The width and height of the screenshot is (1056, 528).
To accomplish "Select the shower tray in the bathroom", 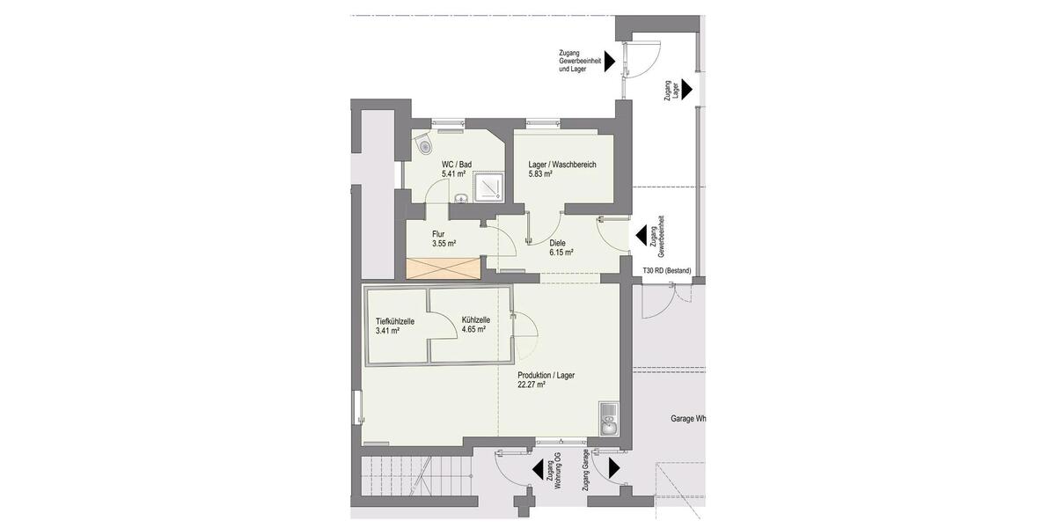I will (488, 187).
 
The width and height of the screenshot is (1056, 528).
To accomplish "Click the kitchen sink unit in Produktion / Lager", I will (608, 421).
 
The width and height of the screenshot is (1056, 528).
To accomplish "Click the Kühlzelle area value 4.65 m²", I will (473, 330).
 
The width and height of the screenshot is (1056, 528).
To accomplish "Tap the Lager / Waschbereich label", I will (563, 164).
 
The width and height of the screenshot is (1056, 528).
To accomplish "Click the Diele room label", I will (557, 243).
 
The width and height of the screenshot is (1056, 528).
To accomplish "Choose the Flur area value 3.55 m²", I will (444, 244).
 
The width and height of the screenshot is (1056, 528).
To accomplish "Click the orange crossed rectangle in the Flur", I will (444, 265).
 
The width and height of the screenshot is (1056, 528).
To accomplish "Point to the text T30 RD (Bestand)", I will (667, 270).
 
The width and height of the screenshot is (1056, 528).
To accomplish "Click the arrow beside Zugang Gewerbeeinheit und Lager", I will (609, 62).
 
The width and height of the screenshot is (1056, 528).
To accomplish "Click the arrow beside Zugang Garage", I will (613, 468).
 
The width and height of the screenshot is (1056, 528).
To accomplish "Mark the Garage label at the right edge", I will (685, 419).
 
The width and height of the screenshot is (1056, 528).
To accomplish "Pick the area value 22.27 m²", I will (532, 385).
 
